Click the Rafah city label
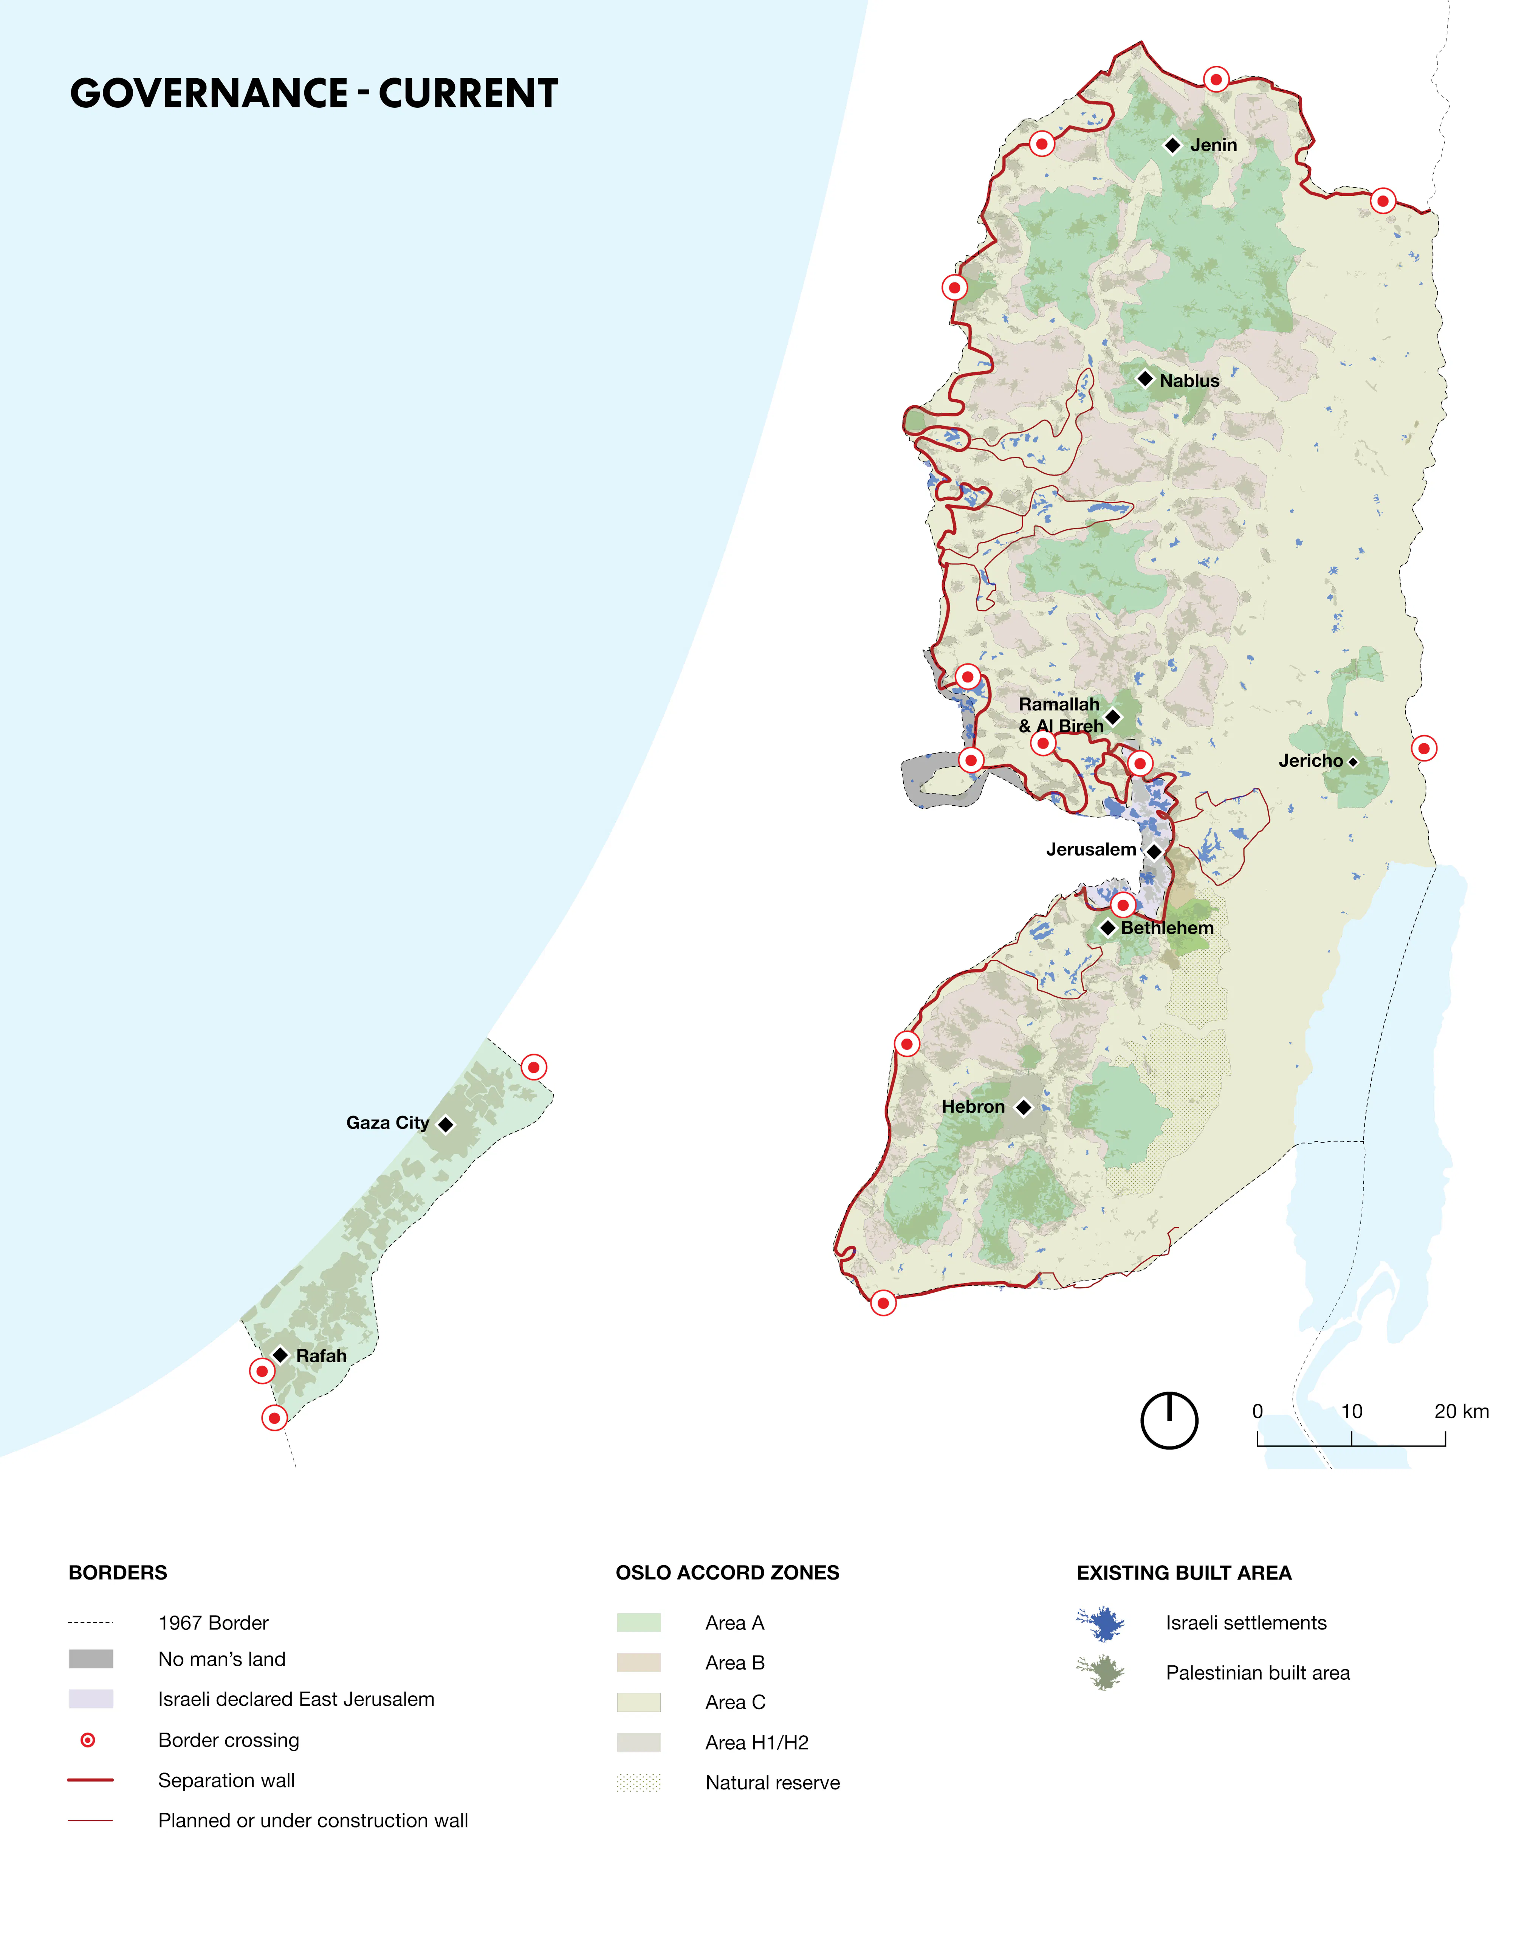(321, 1356)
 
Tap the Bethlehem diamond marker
(1108, 928)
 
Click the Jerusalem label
(1091, 850)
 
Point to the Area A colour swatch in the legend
(638, 1623)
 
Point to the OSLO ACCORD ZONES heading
(727, 1573)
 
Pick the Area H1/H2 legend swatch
(638, 1743)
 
